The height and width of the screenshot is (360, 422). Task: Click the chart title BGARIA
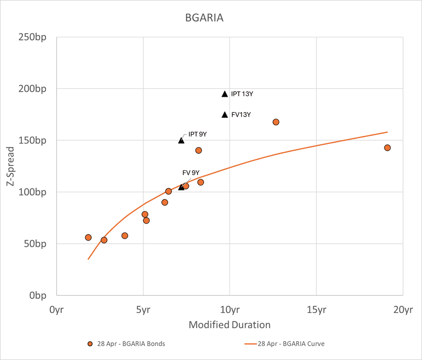click(204, 18)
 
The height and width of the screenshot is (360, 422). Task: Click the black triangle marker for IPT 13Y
click(225, 94)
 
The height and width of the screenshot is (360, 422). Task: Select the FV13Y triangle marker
click(225, 115)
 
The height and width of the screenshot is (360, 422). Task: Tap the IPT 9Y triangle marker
click(182, 140)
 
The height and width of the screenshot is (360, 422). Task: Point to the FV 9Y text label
click(191, 173)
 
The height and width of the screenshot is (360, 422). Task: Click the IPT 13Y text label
click(242, 94)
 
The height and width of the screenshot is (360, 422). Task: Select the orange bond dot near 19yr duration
click(387, 148)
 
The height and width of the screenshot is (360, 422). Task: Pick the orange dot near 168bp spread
click(276, 122)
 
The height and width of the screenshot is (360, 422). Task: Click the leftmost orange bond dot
click(88, 237)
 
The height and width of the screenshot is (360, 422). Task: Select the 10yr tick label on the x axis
click(229, 310)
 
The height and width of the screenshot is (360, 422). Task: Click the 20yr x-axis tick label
click(402, 310)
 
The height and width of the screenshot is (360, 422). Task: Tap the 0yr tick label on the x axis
click(56, 310)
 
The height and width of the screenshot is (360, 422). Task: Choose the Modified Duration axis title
click(229, 325)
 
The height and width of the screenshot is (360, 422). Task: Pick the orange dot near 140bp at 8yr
click(199, 150)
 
